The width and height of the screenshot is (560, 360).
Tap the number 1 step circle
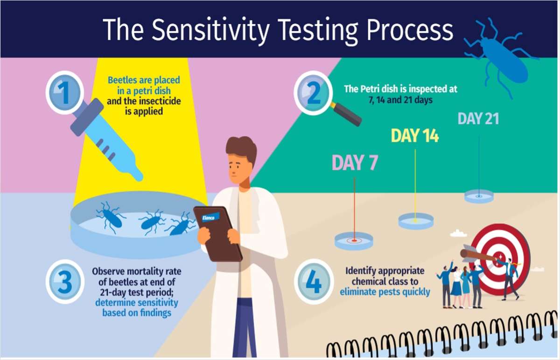click(65, 92)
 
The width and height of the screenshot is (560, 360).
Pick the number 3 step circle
click(65, 282)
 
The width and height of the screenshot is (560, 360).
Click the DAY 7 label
click(355, 163)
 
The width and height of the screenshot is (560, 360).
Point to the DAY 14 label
click(415, 136)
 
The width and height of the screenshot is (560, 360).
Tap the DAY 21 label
click(478, 118)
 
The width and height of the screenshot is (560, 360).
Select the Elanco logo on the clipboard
click(208, 218)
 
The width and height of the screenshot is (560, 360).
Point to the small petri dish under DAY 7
click(354, 240)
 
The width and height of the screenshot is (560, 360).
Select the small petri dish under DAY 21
click(479, 196)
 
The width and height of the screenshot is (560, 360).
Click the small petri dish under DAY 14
click(416, 220)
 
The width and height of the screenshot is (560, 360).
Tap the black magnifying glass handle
click(348, 115)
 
